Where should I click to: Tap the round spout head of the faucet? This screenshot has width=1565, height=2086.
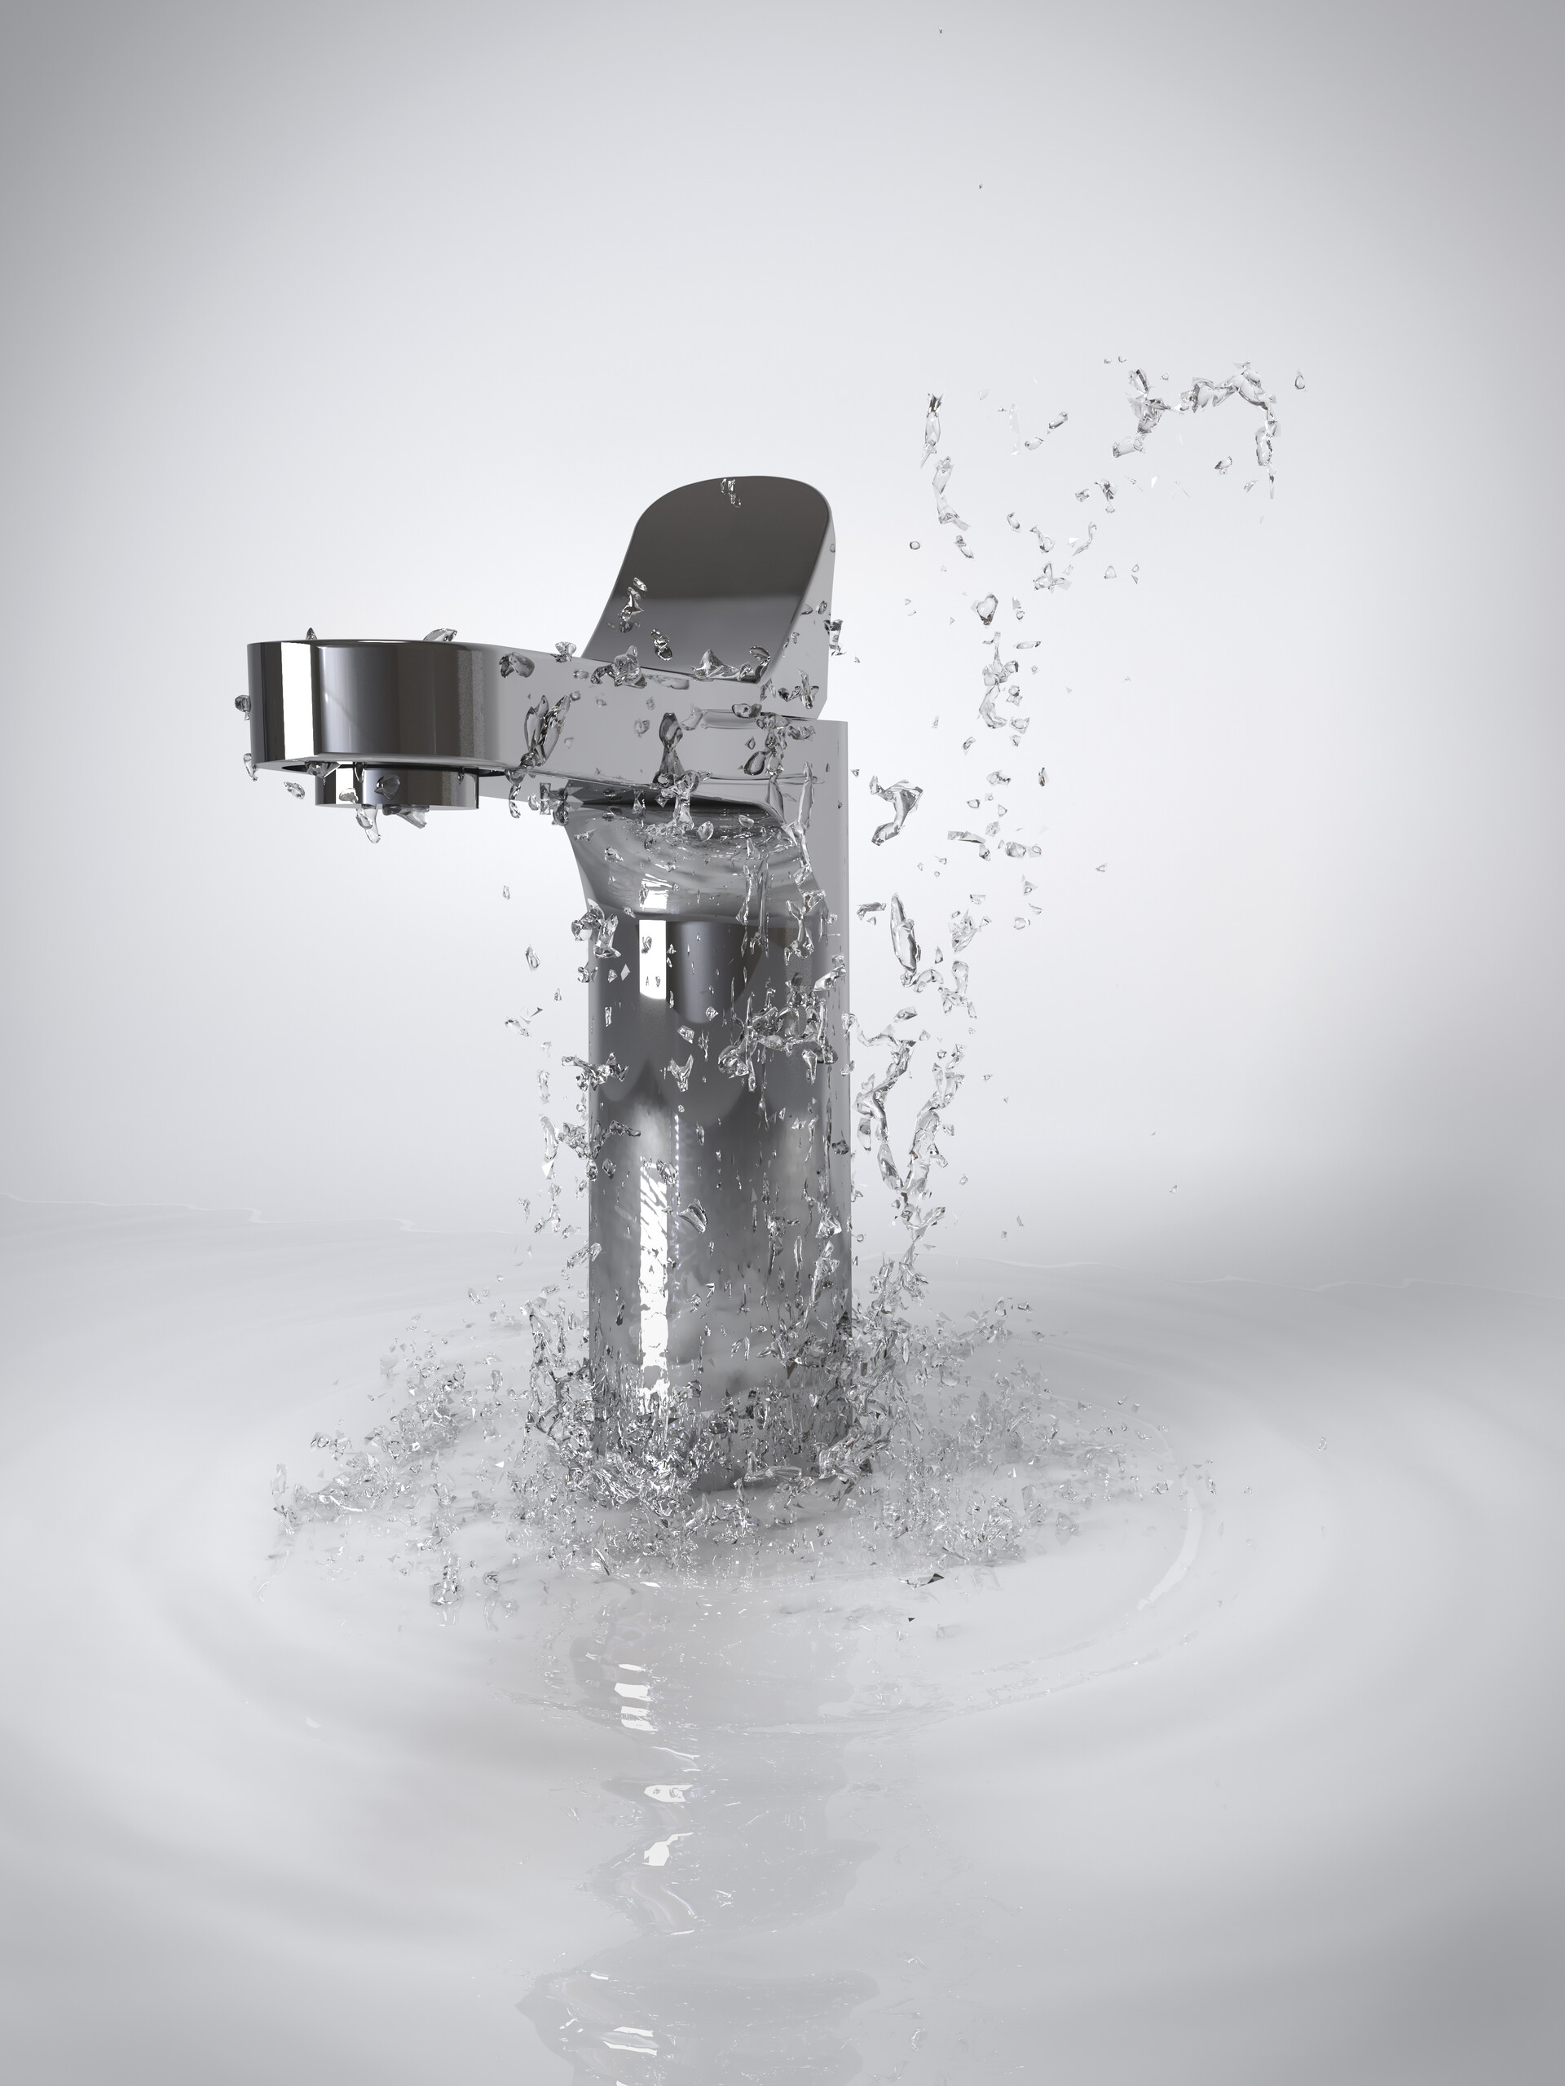[368, 698]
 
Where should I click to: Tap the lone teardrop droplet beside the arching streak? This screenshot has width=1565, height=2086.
[1299, 381]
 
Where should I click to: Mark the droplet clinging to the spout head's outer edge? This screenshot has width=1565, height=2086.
[241, 702]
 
